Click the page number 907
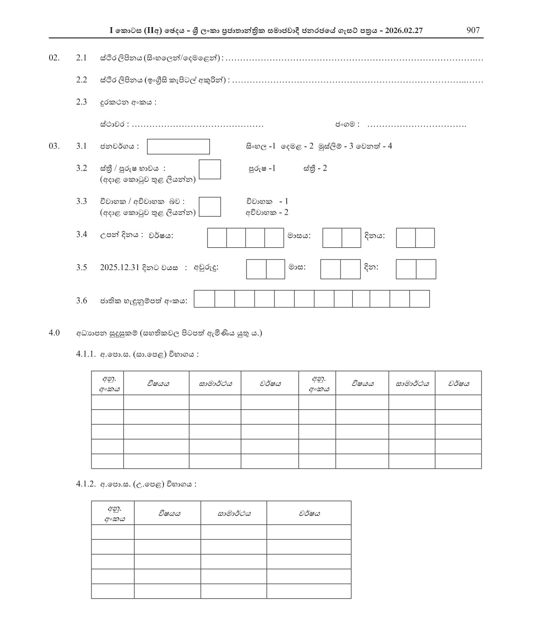[x=473, y=30]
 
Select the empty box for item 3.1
[x=178, y=146]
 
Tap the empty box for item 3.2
[x=210, y=169]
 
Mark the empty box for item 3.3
[x=210, y=207]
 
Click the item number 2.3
[x=81, y=102]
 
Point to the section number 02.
[x=54, y=58]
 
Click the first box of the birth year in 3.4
[x=217, y=238]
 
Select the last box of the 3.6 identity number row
[x=420, y=299]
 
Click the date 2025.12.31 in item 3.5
[x=120, y=268]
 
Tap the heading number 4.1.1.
[x=86, y=354]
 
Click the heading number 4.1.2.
[x=86, y=484]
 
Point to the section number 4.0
[x=54, y=333]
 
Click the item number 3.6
[x=81, y=301]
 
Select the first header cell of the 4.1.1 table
[x=108, y=383]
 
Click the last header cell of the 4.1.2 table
[x=309, y=513]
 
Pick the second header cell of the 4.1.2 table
[x=167, y=513]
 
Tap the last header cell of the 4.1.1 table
[x=458, y=383]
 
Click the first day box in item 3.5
[x=406, y=269]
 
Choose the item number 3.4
[x=81, y=235]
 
